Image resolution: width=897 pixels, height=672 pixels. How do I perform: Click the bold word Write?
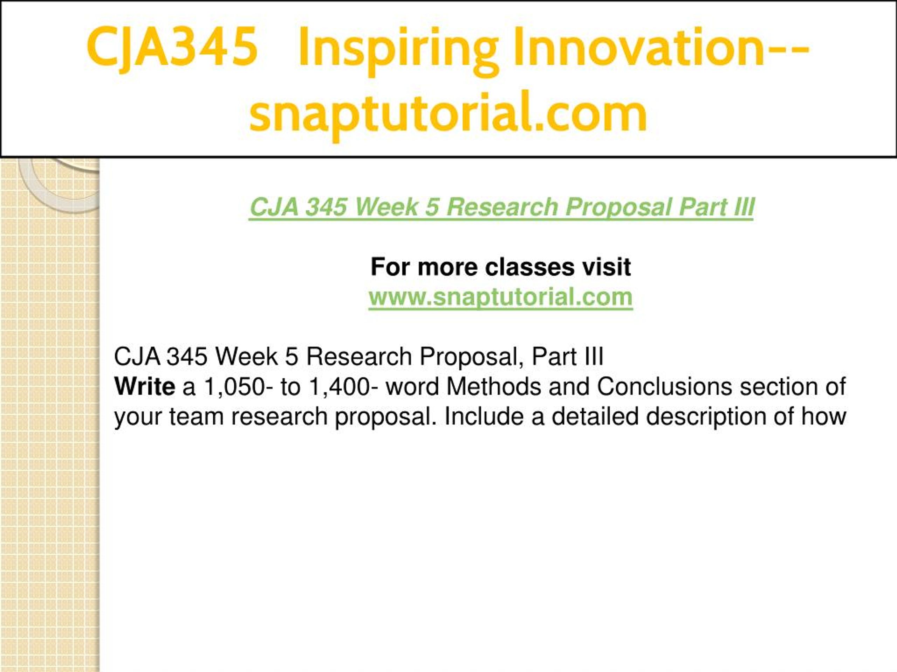pos(145,386)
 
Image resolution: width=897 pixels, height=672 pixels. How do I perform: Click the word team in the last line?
pos(197,417)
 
